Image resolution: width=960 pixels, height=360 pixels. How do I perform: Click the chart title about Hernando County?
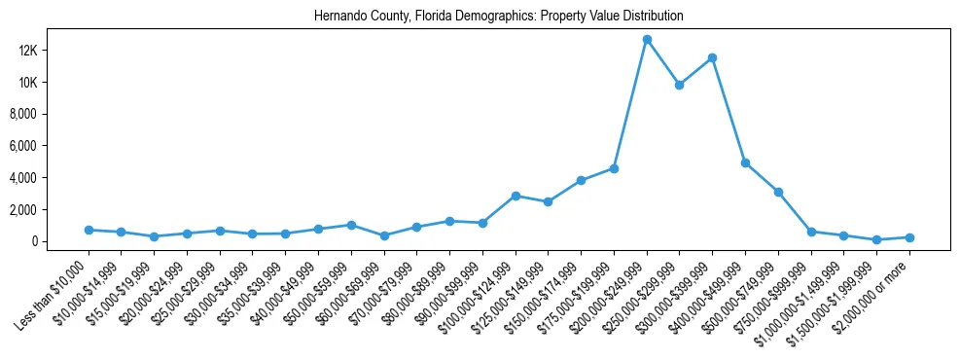tap(499, 17)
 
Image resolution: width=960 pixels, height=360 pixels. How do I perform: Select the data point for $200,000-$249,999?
tap(647, 40)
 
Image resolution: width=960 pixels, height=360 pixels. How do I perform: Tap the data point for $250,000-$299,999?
tap(680, 85)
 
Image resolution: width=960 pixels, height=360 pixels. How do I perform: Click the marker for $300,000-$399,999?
tap(713, 58)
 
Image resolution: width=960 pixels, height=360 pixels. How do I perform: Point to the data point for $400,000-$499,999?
tap(745, 162)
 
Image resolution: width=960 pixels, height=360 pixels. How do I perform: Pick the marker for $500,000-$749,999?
tap(778, 192)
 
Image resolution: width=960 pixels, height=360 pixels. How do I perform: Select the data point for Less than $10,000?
tap(89, 230)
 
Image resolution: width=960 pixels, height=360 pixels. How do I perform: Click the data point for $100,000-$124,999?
tap(516, 196)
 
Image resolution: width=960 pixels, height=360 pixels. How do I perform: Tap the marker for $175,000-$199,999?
tap(614, 168)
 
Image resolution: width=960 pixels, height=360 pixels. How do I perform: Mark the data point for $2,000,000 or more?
tap(909, 237)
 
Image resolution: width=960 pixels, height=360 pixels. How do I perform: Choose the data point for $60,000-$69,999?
tap(384, 235)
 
